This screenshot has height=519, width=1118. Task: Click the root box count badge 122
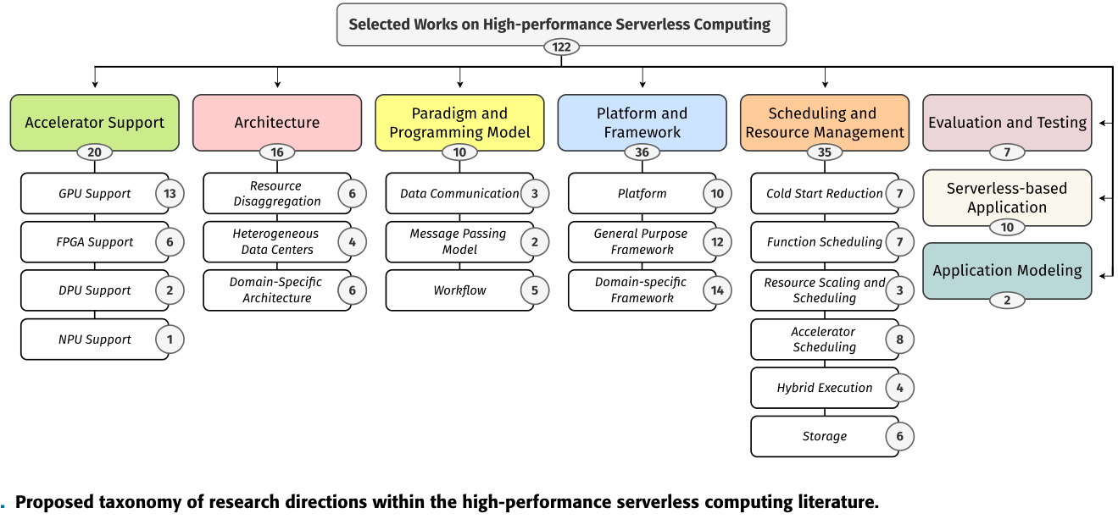pyautogui.click(x=561, y=47)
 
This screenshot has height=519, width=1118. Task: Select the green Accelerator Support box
pyautogui.click(x=95, y=122)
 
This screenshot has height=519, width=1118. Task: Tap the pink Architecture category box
pyautogui.click(x=277, y=122)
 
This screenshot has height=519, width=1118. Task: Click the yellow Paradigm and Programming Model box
pyautogui.click(x=459, y=122)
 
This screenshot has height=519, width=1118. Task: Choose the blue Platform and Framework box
pyautogui.click(x=642, y=122)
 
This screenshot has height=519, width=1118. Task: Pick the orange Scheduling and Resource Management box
pyautogui.click(x=825, y=122)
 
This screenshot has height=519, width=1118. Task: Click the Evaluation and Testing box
pyautogui.click(x=1007, y=122)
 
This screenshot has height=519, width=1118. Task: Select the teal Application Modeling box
pyautogui.click(x=1007, y=270)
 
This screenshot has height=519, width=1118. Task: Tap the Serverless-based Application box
pyautogui.click(x=1007, y=197)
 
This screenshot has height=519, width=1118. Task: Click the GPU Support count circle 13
pyautogui.click(x=170, y=194)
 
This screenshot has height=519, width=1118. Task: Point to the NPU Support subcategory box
pyautogui.click(x=94, y=340)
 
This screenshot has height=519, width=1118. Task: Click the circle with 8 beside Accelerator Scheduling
pyautogui.click(x=899, y=340)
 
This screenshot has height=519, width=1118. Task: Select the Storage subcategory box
pyautogui.click(x=824, y=437)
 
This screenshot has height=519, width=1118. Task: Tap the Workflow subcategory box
pyautogui.click(x=459, y=290)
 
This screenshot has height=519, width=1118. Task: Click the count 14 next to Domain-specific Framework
pyautogui.click(x=717, y=290)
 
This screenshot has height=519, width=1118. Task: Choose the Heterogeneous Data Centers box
pyautogui.click(x=276, y=242)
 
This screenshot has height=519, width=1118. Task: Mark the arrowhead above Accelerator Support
pyautogui.click(x=95, y=84)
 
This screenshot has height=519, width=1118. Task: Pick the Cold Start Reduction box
pyautogui.click(x=824, y=194)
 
